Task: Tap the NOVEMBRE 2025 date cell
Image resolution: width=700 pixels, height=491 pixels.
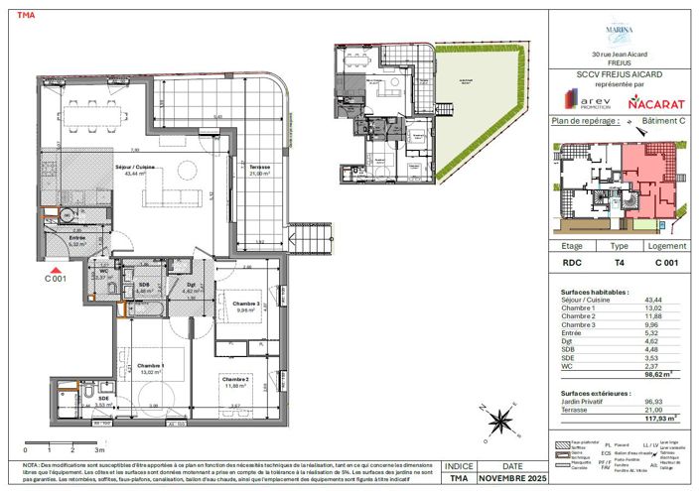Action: tap(511, 478)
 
